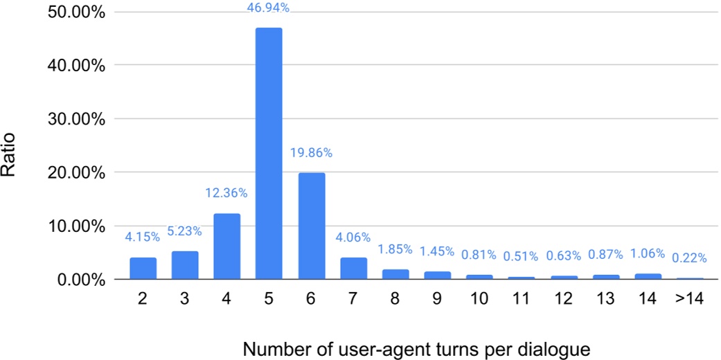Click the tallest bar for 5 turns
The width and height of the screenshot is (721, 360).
coord(269,154)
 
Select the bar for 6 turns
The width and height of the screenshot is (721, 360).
coord(311,226)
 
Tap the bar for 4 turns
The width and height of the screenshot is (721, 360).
coord(226,246)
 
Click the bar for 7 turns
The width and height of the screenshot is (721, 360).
coord(353,269)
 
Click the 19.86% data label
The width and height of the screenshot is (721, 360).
coord(311,153)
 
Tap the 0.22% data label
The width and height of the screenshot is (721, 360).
coord(689,258)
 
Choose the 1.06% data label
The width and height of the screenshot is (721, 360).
coord(647,253)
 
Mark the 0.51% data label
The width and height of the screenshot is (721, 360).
coord(521,257)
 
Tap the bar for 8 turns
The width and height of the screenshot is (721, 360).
coord(395,274)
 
